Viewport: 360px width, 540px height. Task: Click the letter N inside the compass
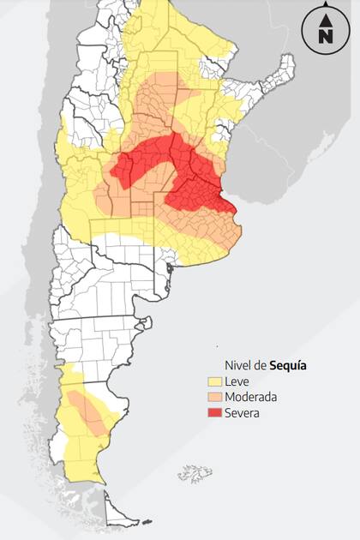326,36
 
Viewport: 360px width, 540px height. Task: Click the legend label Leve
236,381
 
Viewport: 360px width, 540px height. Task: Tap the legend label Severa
242,412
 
